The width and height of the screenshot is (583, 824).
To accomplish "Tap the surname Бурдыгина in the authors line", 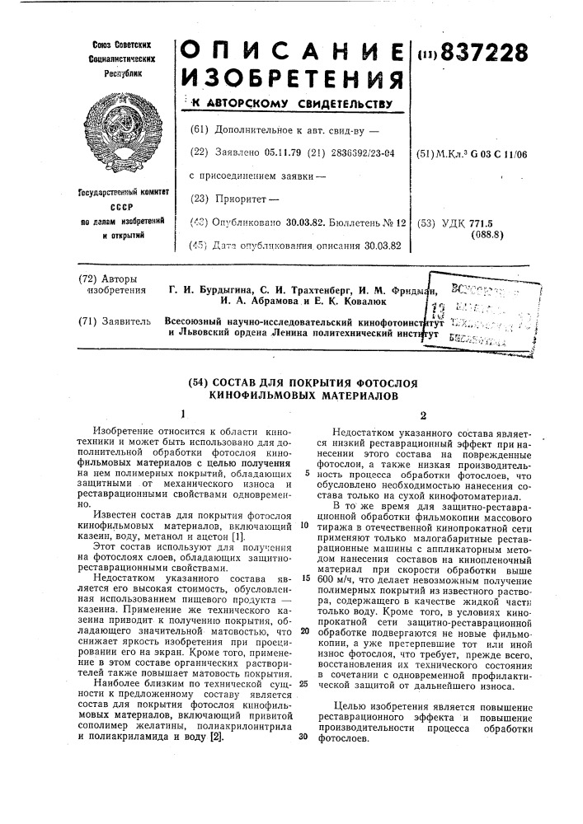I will pyautogui.click(x=223, y=289).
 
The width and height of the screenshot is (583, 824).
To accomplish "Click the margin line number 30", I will pyautogui.click(x=304, y=737).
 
